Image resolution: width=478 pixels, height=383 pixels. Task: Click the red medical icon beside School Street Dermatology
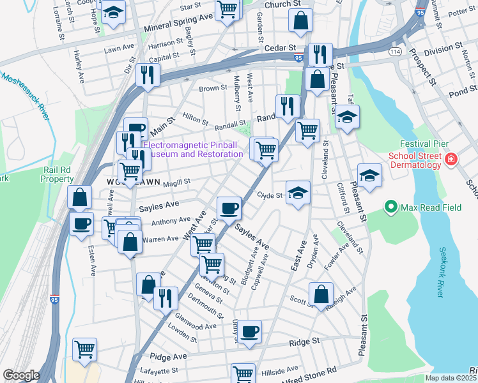point(451,158)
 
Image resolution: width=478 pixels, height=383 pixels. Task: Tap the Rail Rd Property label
point(58,174)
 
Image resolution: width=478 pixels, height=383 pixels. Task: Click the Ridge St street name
point(304,342)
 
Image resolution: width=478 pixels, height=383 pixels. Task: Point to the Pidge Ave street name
point(168,356)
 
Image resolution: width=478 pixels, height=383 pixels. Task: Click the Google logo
point(21,375)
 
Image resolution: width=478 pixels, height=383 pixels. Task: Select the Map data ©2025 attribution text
point(451,378)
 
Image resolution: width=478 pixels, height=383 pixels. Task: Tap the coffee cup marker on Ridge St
point(250,332)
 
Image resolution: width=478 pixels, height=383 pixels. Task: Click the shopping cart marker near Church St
point(227,9)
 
